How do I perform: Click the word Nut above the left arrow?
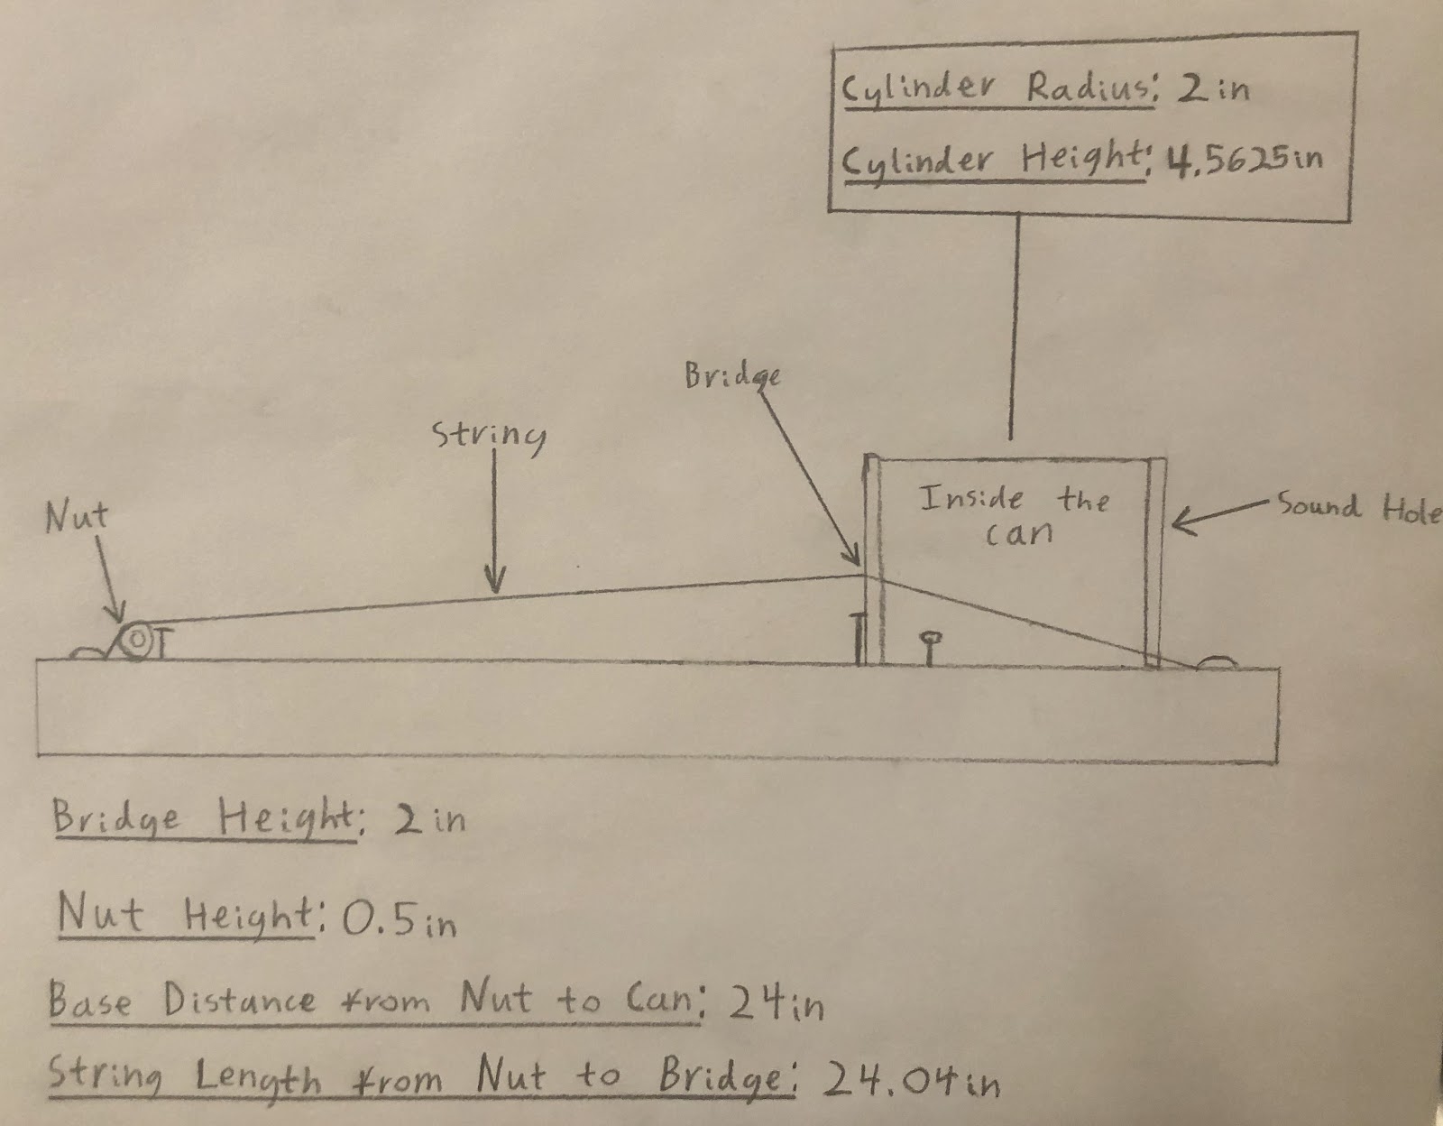(x=78, y=517)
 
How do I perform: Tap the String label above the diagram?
(x=490, y=435)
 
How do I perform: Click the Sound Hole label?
(x=1358, y=508)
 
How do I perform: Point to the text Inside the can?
(x=1014, y=515)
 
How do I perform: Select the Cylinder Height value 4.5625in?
(x=1245, y=159)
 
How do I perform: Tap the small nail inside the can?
(x=931, y=645)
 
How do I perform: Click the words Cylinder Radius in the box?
(x=996, y=88)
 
